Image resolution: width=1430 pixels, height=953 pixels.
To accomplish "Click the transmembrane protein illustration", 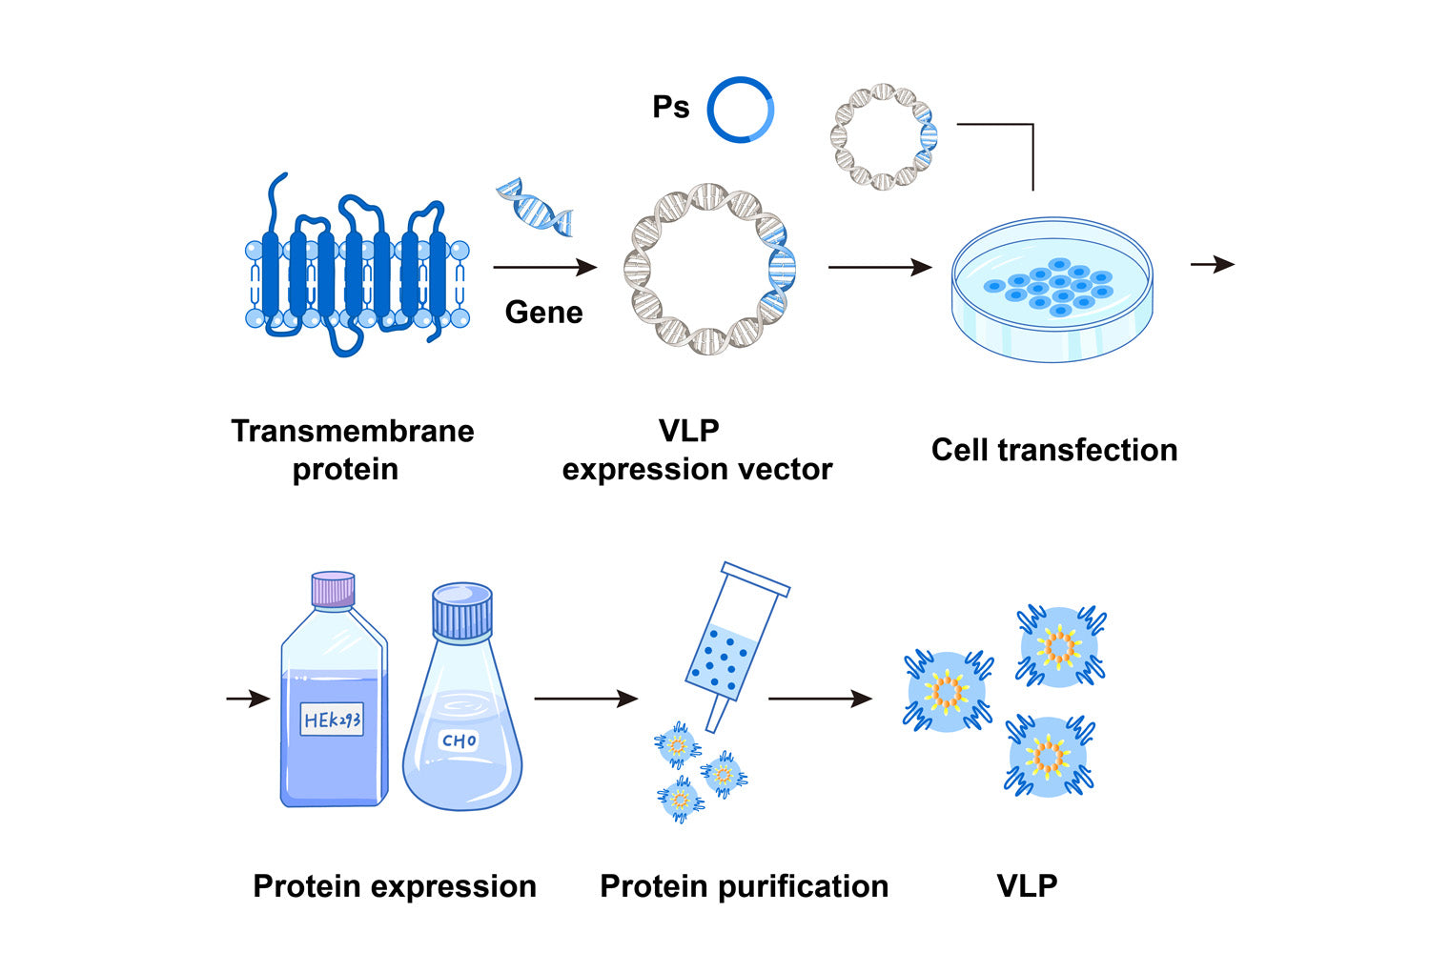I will (356, 267).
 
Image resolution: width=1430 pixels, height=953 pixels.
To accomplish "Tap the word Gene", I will (543, 313).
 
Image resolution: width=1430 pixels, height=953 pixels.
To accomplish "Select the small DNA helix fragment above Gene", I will (535, 207).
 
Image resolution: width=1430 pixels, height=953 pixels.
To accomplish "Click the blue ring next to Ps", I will (740, 110).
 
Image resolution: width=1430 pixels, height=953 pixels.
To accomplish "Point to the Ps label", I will (670, 108).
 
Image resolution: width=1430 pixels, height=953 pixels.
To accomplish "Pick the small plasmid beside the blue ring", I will (884, 136).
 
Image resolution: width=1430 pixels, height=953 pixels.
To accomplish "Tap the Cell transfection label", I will (1054, 450).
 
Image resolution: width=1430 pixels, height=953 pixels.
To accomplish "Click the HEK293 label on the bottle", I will (333, 720).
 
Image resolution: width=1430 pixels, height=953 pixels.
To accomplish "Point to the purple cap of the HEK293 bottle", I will (333, 588).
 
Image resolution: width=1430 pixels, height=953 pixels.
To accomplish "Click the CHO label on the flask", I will (459, 740).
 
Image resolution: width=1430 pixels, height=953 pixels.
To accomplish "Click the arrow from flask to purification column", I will (585, 699).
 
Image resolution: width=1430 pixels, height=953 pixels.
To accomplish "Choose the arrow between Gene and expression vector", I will (544, 268).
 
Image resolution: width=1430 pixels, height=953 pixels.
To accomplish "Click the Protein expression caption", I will (395, 886).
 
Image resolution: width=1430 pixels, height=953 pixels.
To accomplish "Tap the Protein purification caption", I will (744, 886).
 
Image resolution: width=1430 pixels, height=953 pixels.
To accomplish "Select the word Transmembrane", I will (353, 431).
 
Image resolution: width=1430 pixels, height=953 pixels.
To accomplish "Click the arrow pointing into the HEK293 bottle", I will (248, 699).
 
